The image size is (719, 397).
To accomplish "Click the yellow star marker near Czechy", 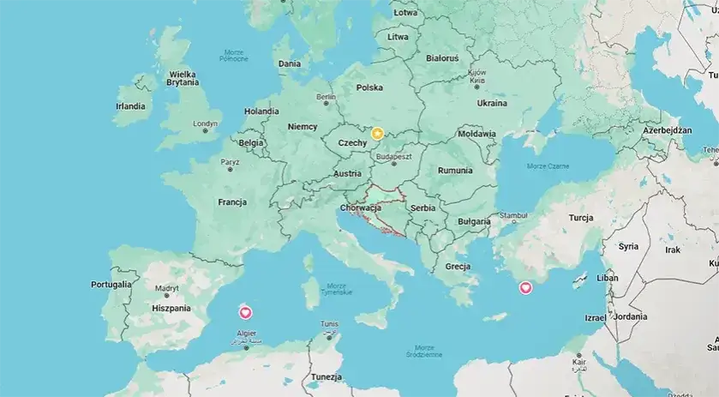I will pos(377,133).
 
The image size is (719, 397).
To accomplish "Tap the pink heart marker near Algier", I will pos(246,312).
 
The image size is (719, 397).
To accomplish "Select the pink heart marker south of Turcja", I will pos(526,289).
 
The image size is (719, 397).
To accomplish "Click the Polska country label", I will pos(369,87).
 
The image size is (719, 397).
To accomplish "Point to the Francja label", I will pos(232,202).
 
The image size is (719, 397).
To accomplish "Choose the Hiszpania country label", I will pos(171,308).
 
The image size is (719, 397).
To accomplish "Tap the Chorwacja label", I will pos(360,208).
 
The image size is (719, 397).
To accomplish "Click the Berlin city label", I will pos(326,98).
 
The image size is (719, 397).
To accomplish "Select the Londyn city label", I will pos(206,123).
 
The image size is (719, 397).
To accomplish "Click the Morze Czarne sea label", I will pos(547,165).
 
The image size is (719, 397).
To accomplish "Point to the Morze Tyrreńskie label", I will pos(337,288).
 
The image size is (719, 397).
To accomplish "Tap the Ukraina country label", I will pos(492,103).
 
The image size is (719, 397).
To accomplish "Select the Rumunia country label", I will pos(454,171).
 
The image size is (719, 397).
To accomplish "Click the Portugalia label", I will pos(111,284).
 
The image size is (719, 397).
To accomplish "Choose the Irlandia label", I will pos(130,106).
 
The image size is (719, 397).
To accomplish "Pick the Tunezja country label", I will pos(327,377).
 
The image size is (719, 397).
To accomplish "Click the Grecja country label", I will pos(458,267).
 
